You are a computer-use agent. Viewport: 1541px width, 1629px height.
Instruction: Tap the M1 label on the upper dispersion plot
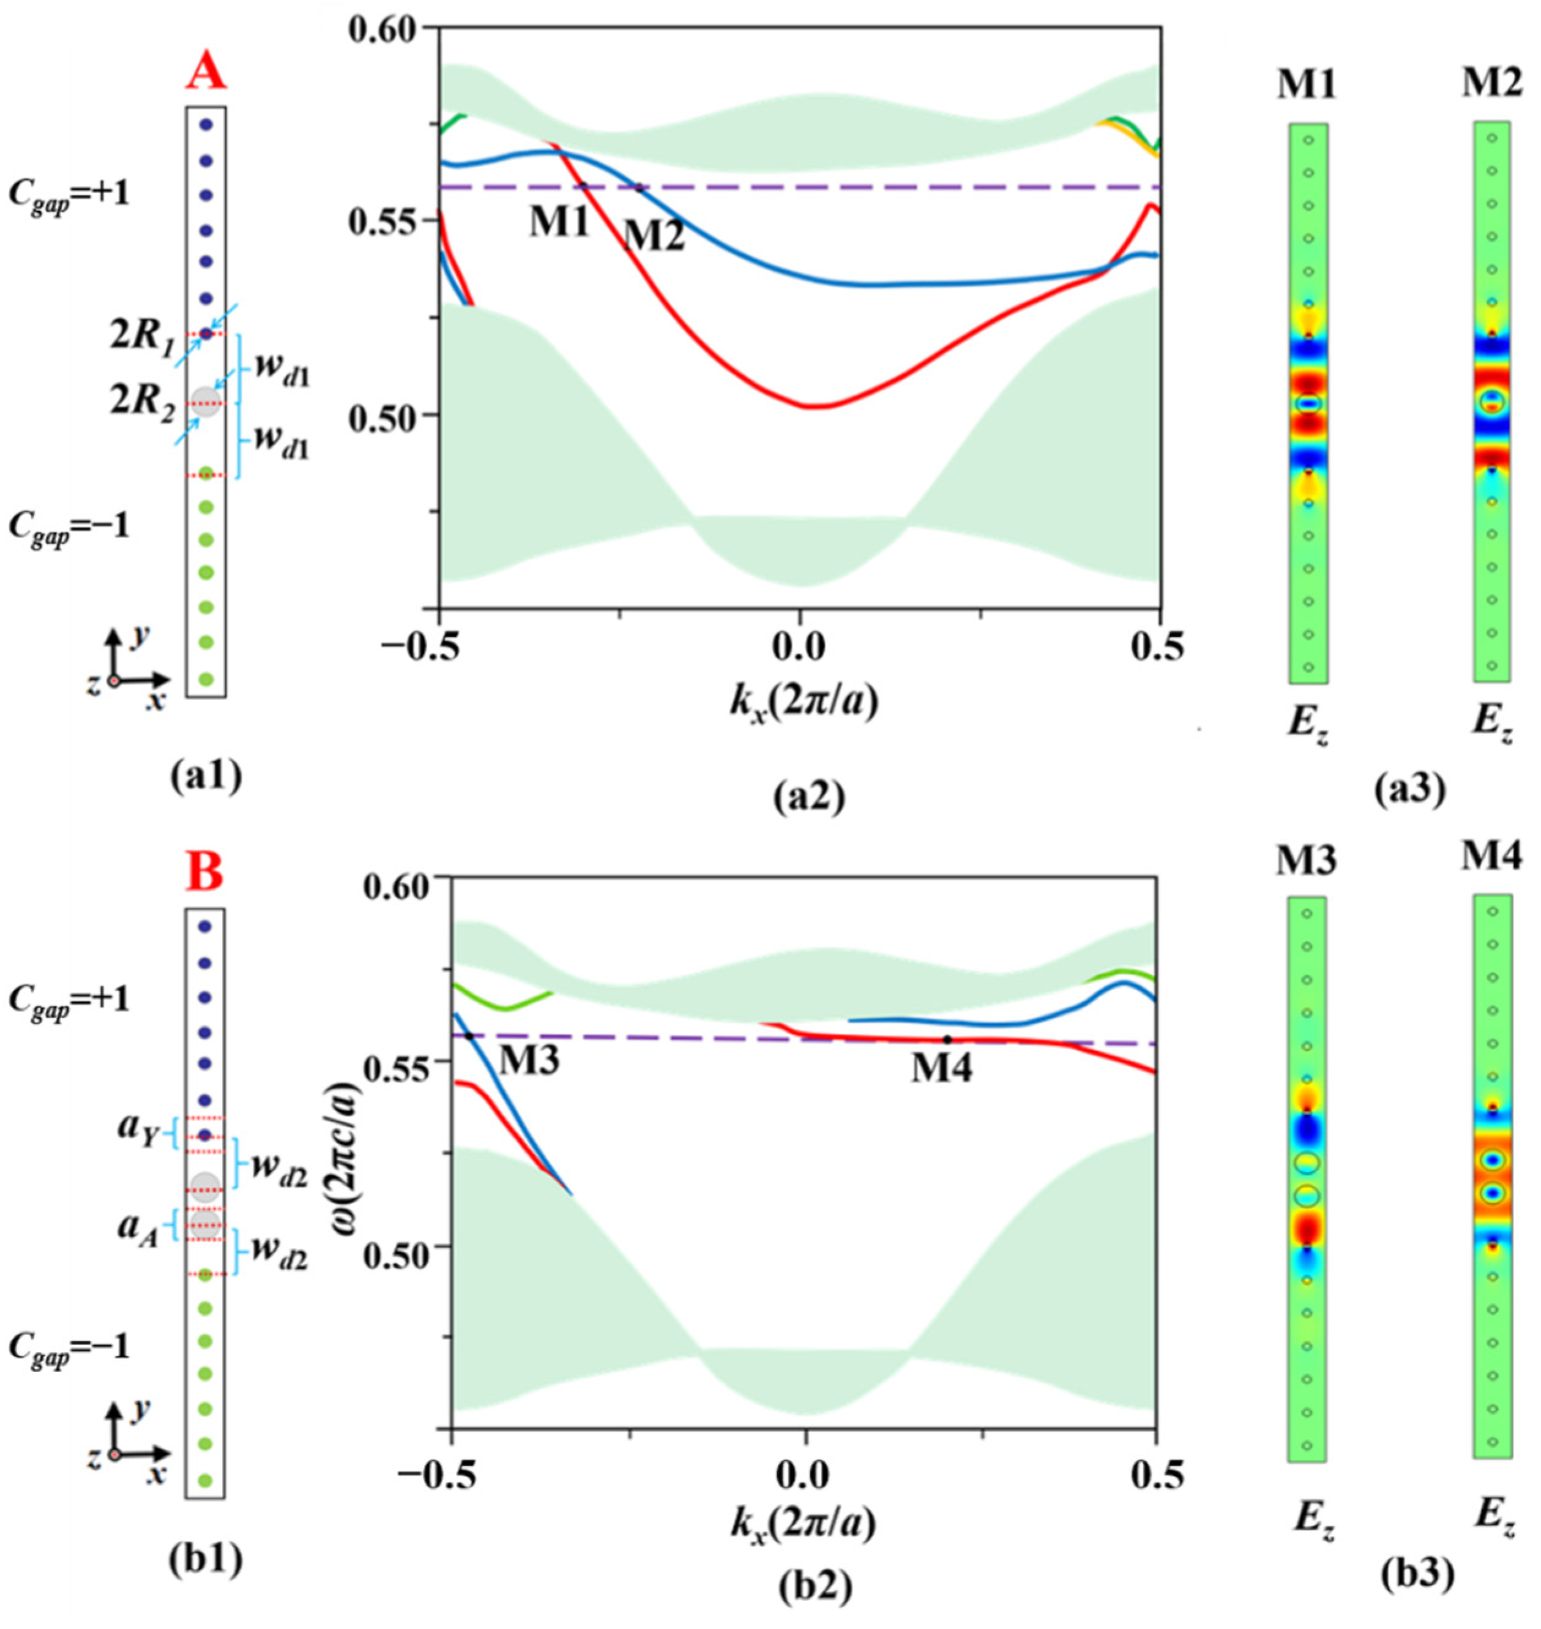click(559, 222)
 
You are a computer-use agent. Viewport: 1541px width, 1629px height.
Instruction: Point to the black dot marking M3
click(469, 1036)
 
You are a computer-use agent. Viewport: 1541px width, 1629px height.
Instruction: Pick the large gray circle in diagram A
click(206, 400)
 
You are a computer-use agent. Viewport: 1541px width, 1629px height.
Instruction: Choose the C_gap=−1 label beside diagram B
click(69, 1347)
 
